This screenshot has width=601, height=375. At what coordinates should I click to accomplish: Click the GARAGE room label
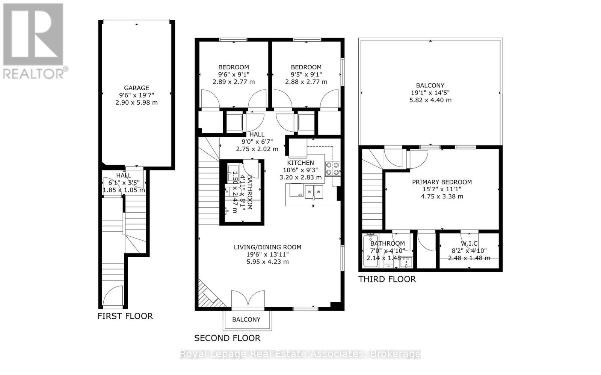click(x=136, y=88)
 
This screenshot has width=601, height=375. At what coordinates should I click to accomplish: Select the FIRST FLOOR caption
click(x=125, y=316)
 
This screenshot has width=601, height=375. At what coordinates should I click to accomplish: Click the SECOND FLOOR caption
click(x=227, y=338)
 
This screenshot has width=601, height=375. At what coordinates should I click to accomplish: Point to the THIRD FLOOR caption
click(x=387, y=279)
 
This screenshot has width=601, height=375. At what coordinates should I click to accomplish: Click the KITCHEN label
click(x=300, y=163)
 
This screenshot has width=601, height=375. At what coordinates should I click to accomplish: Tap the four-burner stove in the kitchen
click(x=332, y=168)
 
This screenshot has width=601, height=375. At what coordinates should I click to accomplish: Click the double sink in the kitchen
click(x=314, y=192)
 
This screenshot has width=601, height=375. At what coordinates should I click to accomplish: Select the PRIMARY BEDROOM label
click(x=442, y=182)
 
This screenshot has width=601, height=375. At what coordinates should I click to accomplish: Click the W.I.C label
click(x=469, y=244)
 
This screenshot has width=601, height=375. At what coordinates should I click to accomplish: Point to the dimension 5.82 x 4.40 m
click(x=430, y=100)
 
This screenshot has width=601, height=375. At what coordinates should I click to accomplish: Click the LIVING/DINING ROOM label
click(x=267, y=247)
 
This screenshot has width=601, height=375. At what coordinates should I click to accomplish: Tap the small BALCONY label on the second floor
click(x=246, y=319)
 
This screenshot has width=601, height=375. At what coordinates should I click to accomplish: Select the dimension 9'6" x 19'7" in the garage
click(x=136, y=95)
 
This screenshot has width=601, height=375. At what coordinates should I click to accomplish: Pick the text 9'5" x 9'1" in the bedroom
click(x=306, y=75)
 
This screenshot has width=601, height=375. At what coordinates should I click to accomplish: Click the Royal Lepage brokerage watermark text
click(x=300, y=354)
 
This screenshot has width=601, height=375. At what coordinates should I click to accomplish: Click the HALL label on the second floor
click(x=257, y=134)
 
